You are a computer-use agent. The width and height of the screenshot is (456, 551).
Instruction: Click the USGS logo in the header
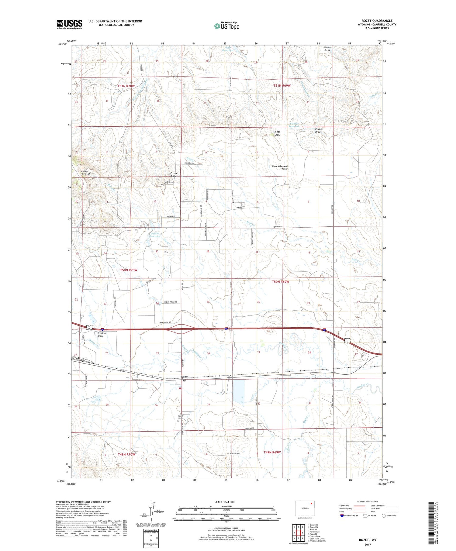click(x=69, y=24)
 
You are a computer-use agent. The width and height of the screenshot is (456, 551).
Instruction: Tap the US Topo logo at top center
click(x=226, y=26)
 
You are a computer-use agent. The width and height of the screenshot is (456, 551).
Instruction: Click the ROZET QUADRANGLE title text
click(x=377, y=21)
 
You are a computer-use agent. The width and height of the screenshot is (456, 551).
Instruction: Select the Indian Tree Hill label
click(x=85, y=173)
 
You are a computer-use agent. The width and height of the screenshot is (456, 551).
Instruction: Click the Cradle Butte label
click(x=174, y=175)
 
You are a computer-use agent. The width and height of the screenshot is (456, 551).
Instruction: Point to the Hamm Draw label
click(x=327, y=49)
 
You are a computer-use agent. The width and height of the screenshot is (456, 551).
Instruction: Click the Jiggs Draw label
click(x=277, y=133)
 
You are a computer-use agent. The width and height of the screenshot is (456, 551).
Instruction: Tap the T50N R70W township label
click(x=128, y=270)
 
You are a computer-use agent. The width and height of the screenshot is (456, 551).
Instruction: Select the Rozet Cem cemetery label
click(x=181, y=417)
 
